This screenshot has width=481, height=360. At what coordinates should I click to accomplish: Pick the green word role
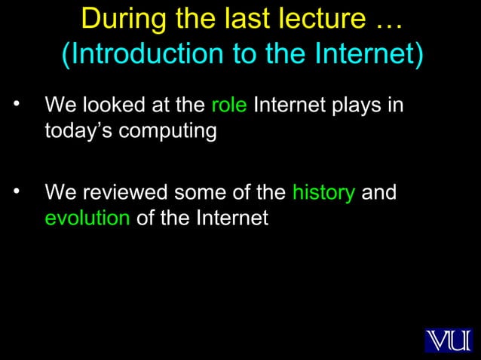228,104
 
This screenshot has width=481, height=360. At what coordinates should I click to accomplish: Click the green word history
323,193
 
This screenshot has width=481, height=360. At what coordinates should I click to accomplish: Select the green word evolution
87,218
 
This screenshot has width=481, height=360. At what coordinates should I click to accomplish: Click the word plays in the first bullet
354,105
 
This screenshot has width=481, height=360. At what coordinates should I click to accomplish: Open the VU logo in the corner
448,340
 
